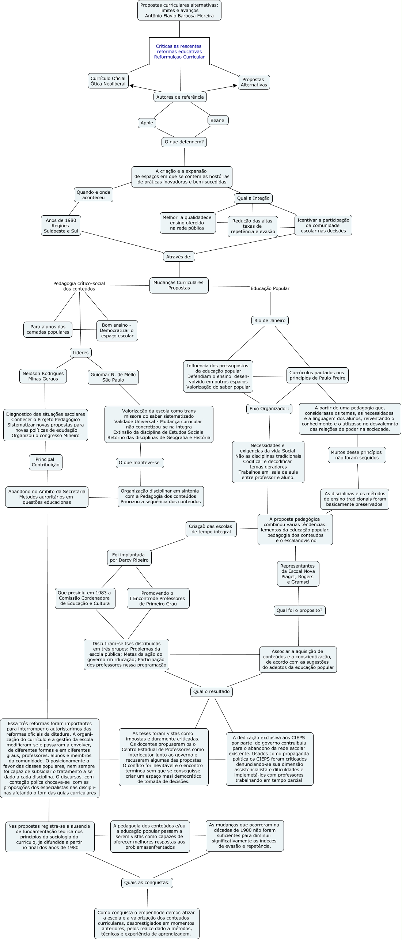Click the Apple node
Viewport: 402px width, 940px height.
[147, 123]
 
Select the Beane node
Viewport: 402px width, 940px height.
[217, 120]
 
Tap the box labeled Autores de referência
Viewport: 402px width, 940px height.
[180, 97]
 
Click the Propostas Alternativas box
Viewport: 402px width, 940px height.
[254, 82]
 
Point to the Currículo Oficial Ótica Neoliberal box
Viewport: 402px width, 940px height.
[108, 81]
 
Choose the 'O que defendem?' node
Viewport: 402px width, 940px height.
[184, 142]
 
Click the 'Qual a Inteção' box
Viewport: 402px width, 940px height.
[253, 198]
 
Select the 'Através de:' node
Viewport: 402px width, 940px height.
[179, 257]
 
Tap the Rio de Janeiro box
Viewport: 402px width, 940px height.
[270, 321]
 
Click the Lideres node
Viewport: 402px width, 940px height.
[81, 353]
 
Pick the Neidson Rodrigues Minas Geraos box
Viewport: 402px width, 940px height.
[43, 376]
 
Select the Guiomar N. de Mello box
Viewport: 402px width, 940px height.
[113, 377]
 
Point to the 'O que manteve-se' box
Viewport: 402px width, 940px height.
[140, 463]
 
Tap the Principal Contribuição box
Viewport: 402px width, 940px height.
[46, 462]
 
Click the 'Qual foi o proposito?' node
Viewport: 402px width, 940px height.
[300, 610]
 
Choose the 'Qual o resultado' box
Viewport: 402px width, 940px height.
[212, 691]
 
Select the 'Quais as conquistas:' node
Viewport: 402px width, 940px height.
[147, 883]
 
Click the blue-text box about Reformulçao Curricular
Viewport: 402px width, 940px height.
[179, 51]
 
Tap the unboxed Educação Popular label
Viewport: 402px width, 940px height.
[270, 288]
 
